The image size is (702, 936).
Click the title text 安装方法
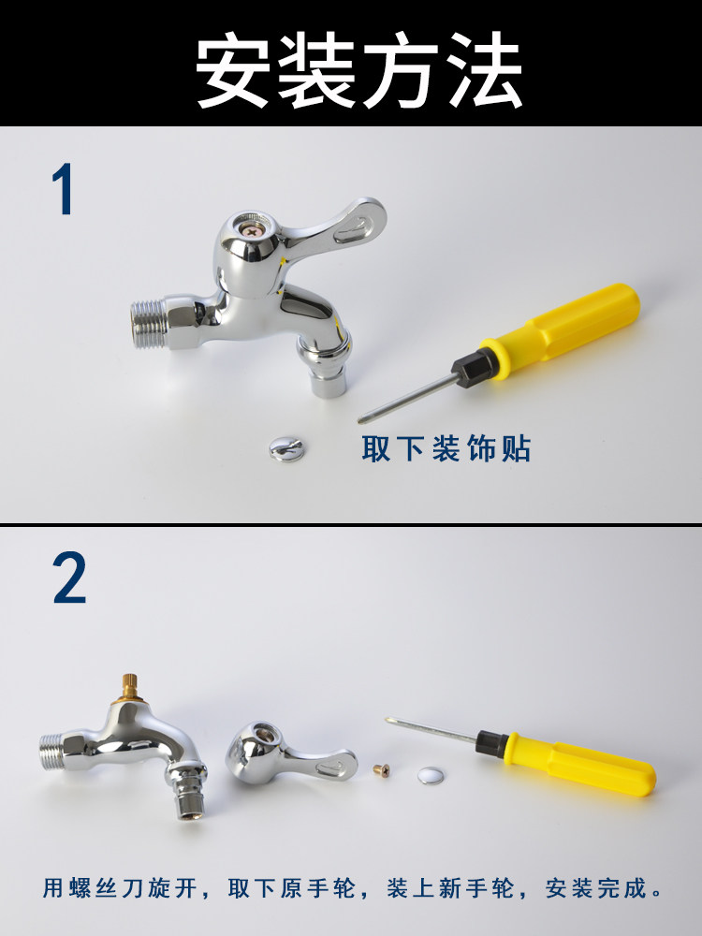[x=358, y=69]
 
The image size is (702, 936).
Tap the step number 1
[x=63, y=189]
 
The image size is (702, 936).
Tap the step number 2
[x=69, y=577]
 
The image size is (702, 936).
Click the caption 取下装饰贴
[x=446, y=448]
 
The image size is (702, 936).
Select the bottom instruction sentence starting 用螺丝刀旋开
[x=353, y=887]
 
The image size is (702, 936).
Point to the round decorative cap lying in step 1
[x=286, y=449]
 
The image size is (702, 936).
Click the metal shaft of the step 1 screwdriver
[x=408, y=398]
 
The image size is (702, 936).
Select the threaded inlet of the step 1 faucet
[x=148, y=324]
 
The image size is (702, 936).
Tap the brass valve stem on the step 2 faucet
[x=129, y=688]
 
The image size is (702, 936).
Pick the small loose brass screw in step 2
[x=382, y=770]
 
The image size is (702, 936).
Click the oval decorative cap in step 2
[x=431, y=776]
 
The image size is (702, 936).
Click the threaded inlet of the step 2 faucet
[x=52, y=751]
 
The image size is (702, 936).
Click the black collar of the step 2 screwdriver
[x=492, y=743]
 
